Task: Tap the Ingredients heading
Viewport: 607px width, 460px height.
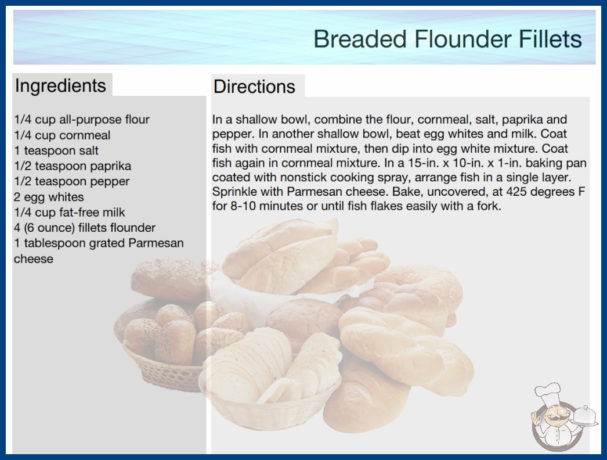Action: coord(60,85)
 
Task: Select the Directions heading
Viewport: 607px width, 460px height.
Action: coord(254,87)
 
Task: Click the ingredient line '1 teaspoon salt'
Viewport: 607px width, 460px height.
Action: coord(56,150)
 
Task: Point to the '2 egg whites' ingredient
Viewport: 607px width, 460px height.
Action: coord(49,197)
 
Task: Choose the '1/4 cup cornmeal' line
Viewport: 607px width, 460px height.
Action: coord(62,135)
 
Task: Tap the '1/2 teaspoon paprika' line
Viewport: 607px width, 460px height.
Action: coord(73,166)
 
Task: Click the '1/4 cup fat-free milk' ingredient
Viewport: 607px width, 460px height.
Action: coord(69,213)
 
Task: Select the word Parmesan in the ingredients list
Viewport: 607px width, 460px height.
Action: coord(156,243)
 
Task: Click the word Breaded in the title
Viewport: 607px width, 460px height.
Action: coord(360,39)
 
